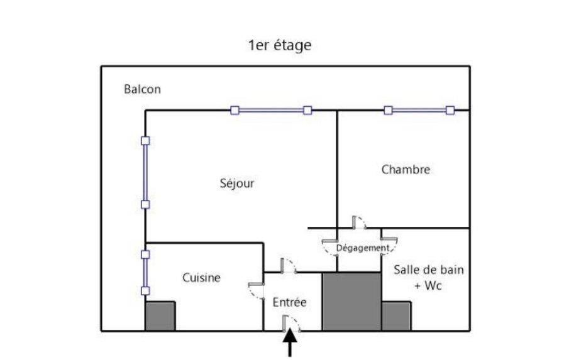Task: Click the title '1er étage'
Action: pos(280,46)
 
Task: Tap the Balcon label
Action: pos(142,89)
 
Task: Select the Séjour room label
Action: pos(236,183)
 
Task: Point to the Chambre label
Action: pos(406,169)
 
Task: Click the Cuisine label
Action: pos(201,277)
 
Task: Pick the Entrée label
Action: pos(290,302)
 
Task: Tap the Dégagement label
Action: pos(363,248)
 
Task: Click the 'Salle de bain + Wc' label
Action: pos(428,277)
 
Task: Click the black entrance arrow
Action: pos(290,344)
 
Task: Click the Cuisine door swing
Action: pos(256,291)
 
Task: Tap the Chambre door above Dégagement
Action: pos(359,222)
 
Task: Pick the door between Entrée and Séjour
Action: pos(289,266)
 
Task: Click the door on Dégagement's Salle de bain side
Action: pos(389,246)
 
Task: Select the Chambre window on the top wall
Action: pos(419,111)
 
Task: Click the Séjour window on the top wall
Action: pos(271,111)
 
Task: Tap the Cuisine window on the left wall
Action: pos(145,273)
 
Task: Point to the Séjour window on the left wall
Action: pos(145,172)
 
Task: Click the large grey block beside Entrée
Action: pos(351,302)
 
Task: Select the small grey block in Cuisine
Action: pos(160,316)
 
